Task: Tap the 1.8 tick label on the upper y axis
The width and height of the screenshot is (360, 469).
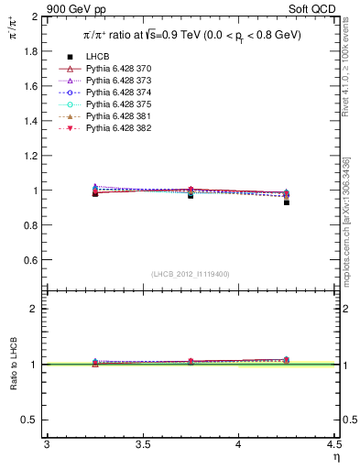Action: click(x=29, y=52)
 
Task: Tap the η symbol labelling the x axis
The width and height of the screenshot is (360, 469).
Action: click(x=335, y=456)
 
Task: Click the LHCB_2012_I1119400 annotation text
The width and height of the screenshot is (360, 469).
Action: click(x=191, y=274)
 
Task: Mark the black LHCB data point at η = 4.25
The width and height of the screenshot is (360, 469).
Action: click(x=286, y=202)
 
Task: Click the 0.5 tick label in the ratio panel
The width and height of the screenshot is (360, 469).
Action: click(x=29, y=420)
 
